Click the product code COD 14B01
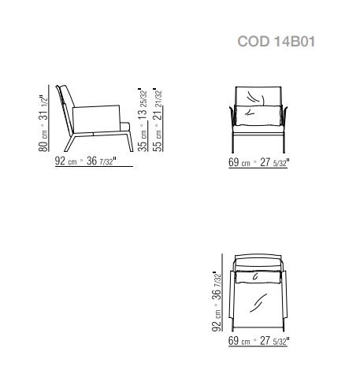(x=276, y=42)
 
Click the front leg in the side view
(x=130, y=141)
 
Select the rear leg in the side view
(x=69, y=143)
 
